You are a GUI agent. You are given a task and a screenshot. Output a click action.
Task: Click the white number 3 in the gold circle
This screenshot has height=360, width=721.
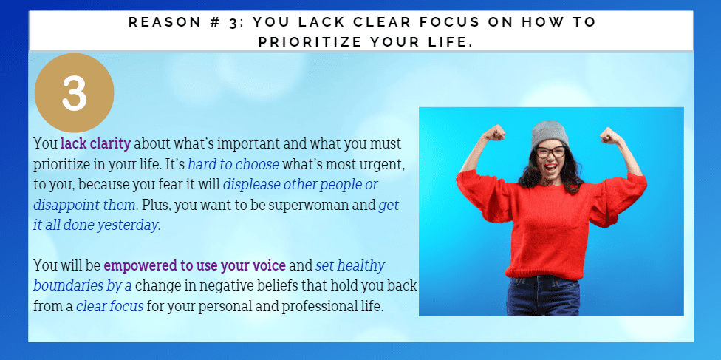74,92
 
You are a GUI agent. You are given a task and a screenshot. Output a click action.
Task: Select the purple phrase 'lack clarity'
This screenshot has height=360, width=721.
95,143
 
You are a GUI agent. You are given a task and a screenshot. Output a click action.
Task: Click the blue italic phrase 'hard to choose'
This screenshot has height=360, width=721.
233,164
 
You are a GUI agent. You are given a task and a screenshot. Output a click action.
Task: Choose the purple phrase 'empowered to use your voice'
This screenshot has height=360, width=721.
195,265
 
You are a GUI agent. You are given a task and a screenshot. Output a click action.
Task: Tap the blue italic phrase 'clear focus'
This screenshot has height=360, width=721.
110,306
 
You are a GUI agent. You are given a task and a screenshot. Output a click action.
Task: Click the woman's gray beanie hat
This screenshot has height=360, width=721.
550,133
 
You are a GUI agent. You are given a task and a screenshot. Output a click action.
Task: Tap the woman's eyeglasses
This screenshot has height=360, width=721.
551,152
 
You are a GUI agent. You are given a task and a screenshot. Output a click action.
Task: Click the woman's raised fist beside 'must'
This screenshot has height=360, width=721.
494,133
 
